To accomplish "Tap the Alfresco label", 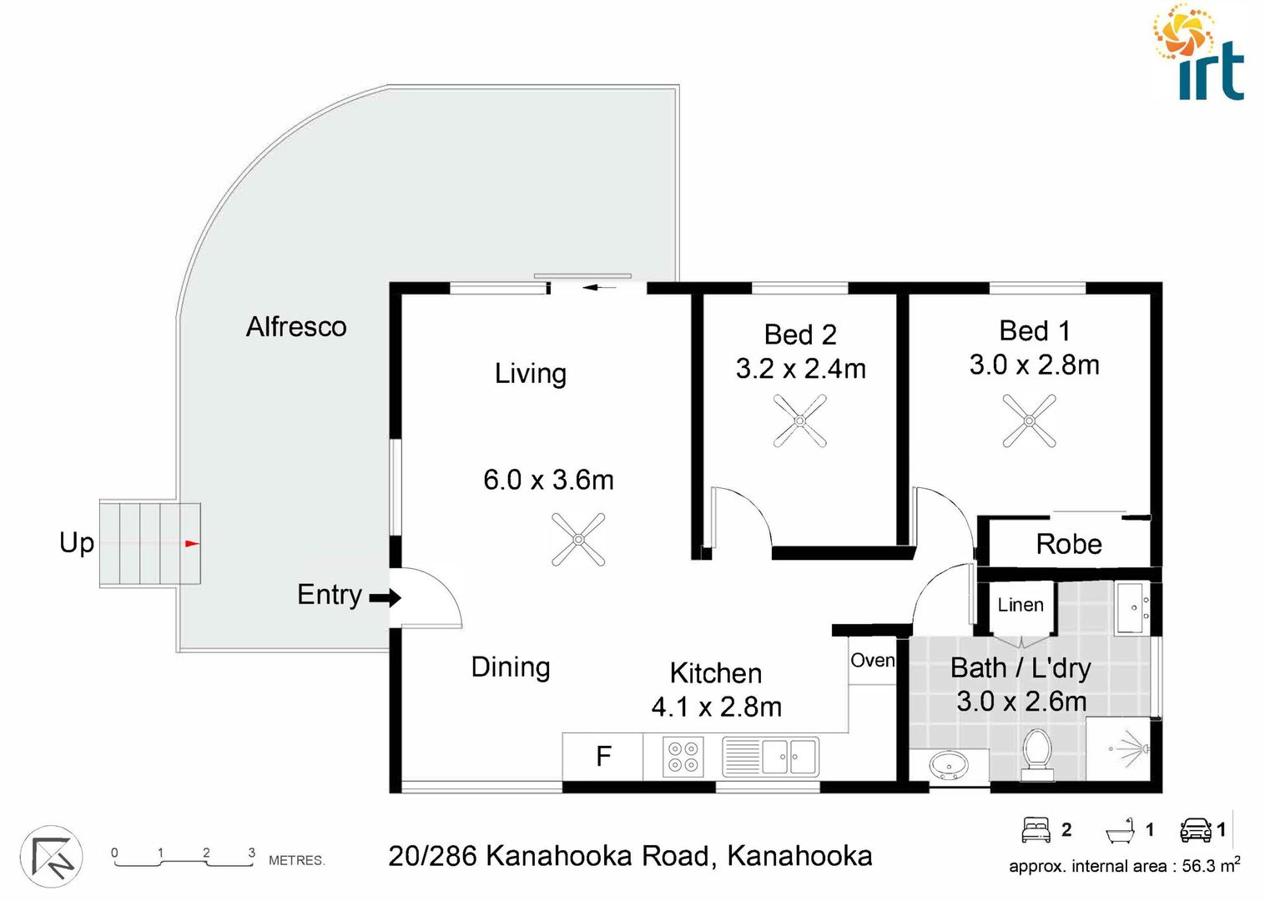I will tap(296, 326).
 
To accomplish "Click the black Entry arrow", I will tap(385, 597).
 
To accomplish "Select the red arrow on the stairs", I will tap(192, 543).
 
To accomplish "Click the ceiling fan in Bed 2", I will tap(799, 421).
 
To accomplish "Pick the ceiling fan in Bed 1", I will tap(1029, 420).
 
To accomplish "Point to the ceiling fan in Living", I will tap(578, 539).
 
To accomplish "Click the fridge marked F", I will tap(603, 756).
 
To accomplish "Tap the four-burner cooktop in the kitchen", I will tap(683, 757).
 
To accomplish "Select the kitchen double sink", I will tap(770, 757).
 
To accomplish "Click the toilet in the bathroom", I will tap(1037, 753).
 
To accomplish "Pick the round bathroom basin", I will tap(949, 764).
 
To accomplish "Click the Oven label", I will tap(872, 660).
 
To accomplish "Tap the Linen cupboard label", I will tap(1020, 605).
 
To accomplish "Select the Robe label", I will tap(1068, 544).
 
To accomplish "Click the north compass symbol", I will tap(51, 857).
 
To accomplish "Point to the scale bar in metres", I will tap(184, 858).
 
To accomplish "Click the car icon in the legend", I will tap(1195, 829).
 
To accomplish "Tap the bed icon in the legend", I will tap(1036, 829).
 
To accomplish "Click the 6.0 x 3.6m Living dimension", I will tap(548, 480).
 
